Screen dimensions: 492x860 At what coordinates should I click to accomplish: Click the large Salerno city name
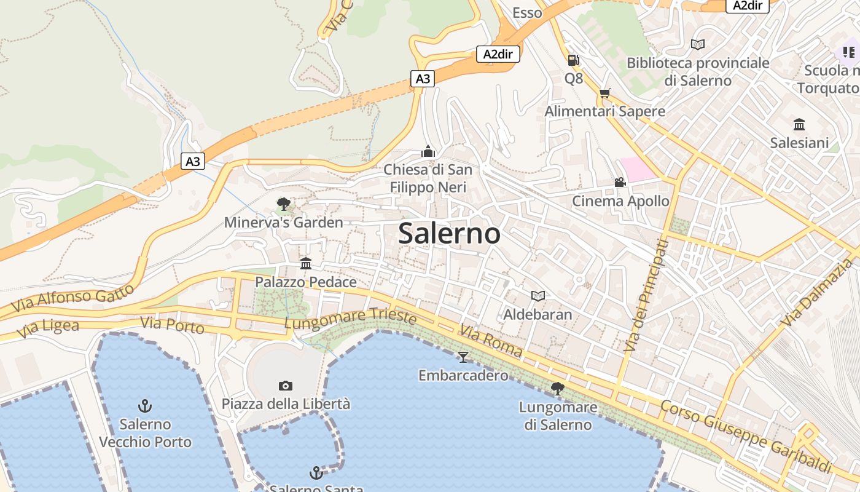(x=449, y=234)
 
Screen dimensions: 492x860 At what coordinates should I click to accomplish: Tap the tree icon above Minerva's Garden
(x=283, y=204)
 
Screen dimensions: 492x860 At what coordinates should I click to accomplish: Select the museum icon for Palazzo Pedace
(x=306, y=264)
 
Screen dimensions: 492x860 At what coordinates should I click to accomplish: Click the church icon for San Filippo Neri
(x=428, y=151)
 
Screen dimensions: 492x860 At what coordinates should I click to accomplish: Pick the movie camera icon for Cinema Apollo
(x=620, y=183)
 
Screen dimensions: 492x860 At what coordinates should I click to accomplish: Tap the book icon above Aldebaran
(x=538, y=296)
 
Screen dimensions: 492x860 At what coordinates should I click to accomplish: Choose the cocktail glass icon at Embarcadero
(x=463, y=357)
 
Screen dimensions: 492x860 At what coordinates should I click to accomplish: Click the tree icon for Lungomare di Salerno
(x=558, y=388)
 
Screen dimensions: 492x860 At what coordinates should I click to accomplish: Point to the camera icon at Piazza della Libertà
(x=286, y=386)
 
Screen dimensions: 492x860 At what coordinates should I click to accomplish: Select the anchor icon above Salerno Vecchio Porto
(x=145, y=405)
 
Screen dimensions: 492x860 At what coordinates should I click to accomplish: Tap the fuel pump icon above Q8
(x=573, y=60)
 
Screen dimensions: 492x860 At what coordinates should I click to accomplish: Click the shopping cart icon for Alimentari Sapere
(x=605, y=93)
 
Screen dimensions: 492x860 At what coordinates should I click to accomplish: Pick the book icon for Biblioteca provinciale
(x=698, y=44)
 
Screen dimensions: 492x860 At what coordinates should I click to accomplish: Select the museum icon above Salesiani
(x=799, y=124)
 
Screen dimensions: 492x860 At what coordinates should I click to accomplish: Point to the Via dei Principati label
(x=645, y=296)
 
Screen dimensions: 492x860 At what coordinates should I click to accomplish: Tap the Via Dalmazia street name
(x=818, y=293)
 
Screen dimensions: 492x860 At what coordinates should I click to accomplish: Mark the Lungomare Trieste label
(x=350, y=319)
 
